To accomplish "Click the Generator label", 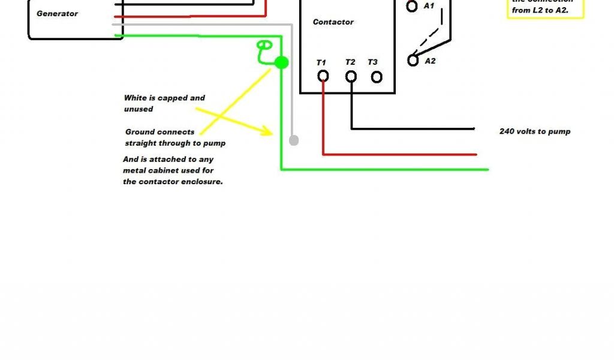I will point(57,13).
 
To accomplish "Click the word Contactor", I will point(333,22).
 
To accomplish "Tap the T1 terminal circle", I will point(323,76).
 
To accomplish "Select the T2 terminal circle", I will point(351,76).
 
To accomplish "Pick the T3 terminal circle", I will point(377,77).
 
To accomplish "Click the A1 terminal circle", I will point(412,7).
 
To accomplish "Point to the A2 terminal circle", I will point(413,61).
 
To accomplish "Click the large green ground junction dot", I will point(281,62).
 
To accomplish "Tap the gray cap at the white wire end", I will point(294,140).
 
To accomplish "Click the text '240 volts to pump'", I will point(535,131).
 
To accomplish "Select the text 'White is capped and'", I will point(164,98).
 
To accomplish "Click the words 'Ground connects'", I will point(159,132).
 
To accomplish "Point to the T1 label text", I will point(321,62).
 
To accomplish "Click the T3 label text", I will point(373,62).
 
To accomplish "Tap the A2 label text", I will point(430,61).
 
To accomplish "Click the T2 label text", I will point(350,62).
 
